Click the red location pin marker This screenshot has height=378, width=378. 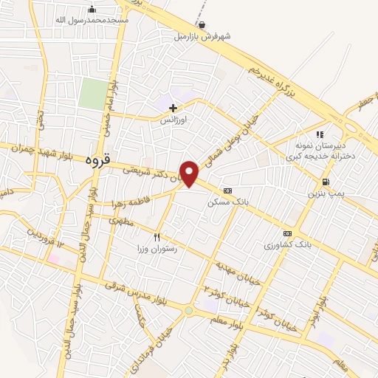click(x=190, y=173)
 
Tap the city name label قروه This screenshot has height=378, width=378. click(x=97, y=158)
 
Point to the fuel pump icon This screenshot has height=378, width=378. click(x=326, y=182)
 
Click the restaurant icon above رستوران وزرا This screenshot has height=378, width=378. click(x=156, y=237)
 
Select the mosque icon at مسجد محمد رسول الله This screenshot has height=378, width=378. click(x=92, y=9)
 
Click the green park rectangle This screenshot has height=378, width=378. click(x=92, y=94)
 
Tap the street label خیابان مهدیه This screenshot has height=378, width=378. click(x=235, y=271)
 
